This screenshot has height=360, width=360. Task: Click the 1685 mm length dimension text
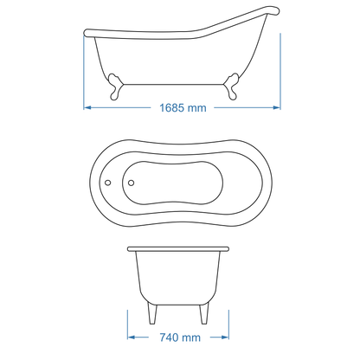click(181, 108)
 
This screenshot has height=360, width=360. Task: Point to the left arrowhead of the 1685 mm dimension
click(87, 108)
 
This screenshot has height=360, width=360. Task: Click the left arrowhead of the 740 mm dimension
click(132, 338)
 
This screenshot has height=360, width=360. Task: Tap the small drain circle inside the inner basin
click(130, 183)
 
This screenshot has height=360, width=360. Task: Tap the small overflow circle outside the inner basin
click(108, 183)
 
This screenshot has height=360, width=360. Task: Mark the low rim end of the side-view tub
click(86, 35)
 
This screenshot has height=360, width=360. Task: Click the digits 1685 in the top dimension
click(171, 108)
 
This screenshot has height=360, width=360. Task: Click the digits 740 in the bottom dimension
click(169, 338)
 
